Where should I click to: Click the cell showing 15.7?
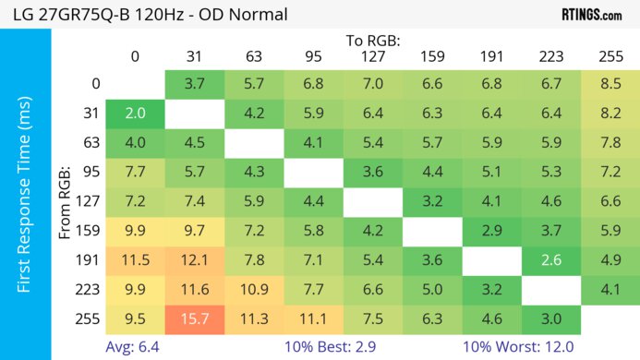pyautogui.click(x=188, y=320)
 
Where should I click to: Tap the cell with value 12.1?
pyautogui.click(x=188, y=261)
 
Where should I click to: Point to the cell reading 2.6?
pyautogui.click(x=551, y=261)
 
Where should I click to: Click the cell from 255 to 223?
pyautogui.click(x=551, y=320)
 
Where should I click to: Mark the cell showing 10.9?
pyautogui.click(x=254, y=291)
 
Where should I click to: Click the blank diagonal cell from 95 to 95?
pyautogui.click(x=313, y=173)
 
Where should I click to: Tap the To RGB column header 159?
pyautogui.click(x=432, y=57)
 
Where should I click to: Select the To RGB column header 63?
pyautogui.click(x=254, y=57)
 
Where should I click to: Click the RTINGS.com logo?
pyautogui.click(x=591, y=14)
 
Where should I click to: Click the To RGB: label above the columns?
pyautogui.click(x=373, y=41)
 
